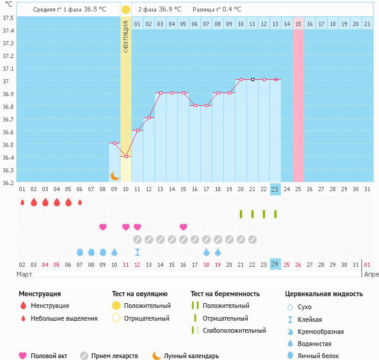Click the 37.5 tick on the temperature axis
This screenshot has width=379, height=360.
click(x=8, y=18)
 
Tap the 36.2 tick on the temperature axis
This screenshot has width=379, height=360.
click(x=8, y=182)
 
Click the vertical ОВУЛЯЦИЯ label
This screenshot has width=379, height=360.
click(x=125, y=36)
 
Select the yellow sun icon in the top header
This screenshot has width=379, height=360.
click(x=125, y=10)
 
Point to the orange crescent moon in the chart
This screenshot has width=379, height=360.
click(x=114, y=176)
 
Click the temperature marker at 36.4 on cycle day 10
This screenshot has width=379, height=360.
click(x=126, y=156)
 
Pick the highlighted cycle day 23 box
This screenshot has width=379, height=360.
click(x=275, y=189)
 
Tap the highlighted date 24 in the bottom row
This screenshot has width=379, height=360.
click(x=275, y=264)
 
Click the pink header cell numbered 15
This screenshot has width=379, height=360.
click(x=298, y=24)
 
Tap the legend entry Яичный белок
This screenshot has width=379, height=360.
click(x=323, y=356)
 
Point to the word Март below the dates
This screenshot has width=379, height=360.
click(x=24, y=274)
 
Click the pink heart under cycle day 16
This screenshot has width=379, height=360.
click(x=183, y=227)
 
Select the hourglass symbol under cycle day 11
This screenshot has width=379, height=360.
click(x=137, y=252)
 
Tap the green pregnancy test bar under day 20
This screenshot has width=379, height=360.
click(x=241, y=214)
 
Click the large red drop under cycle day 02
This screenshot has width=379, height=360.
click(x=34, y=202)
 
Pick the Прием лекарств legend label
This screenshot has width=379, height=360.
click(x=114, y=356)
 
